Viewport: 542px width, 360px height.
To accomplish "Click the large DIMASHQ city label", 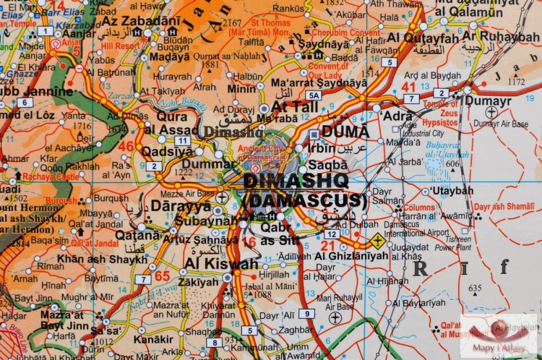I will point(296,181).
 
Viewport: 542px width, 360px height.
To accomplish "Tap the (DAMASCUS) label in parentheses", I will point(305,200).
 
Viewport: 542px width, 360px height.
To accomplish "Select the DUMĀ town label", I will point(345,132).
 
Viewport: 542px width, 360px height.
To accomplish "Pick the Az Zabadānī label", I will point(140,20).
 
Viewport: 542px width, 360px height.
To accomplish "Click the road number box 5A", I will point(313,95).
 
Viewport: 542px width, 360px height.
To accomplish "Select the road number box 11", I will point(182,140).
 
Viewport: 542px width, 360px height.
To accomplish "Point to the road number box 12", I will point(331,234).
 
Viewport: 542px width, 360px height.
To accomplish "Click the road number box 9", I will point(307,313).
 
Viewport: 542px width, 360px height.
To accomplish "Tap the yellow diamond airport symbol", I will point(377,241).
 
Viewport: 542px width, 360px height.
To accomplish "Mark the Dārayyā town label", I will point(171,206).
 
